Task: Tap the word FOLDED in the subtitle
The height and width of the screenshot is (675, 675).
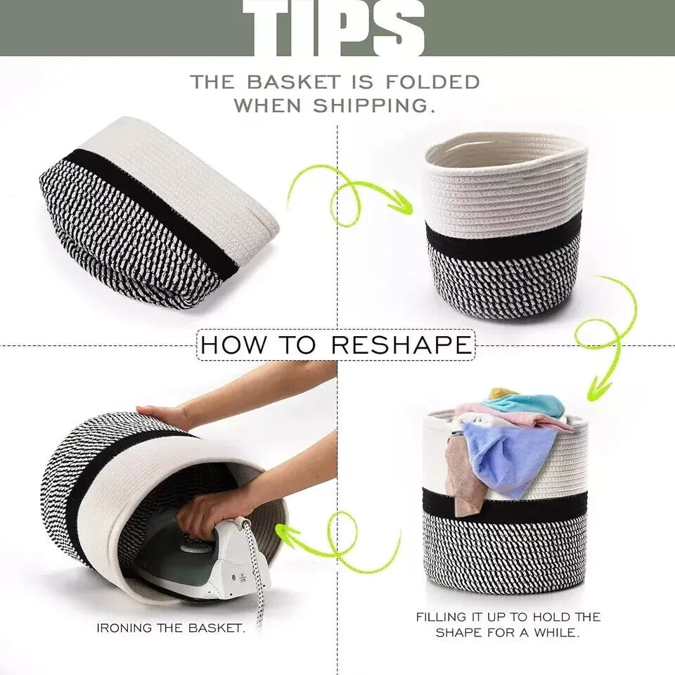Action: (432, 82)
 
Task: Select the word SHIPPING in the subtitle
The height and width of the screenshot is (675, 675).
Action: (373, 105)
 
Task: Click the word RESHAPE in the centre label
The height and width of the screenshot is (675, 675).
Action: (401, 345)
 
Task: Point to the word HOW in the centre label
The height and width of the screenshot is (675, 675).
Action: (233, 345)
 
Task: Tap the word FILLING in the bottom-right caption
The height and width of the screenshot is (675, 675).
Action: (442, 617)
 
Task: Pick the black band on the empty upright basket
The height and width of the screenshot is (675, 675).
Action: (503, 235)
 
